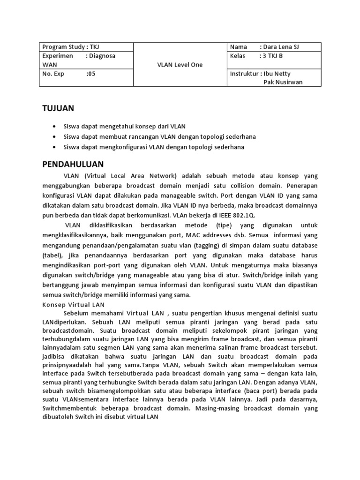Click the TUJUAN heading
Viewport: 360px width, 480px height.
point(58,108)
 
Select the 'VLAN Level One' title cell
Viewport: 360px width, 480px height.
point(180,65)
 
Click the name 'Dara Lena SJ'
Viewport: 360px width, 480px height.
point(284,47)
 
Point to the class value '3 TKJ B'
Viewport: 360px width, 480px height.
point(272,56)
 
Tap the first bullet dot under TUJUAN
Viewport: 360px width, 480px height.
point(56,127)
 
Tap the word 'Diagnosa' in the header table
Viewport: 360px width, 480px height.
point(102,56)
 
